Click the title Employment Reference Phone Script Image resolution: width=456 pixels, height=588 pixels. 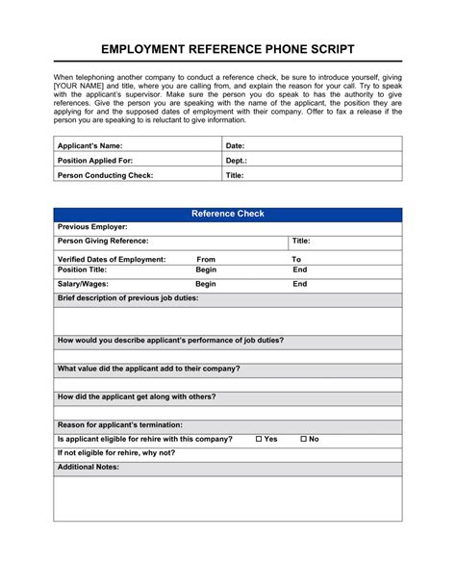pos(227,49)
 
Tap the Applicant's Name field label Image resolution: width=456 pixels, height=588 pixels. pos(90,144)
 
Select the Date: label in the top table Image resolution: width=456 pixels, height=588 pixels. pos(235,144)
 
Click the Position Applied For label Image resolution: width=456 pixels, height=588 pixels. pos(96,160)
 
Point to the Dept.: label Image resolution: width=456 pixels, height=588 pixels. pos(236,160)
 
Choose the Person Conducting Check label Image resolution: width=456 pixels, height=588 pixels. pos(105,175)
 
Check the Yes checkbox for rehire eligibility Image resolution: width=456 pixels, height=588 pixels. pos(260,439)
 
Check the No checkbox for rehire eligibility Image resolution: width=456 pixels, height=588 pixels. pos(304,439)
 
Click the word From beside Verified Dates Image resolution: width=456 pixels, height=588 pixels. pos(205,260)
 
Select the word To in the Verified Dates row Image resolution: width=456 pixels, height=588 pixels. pos(296,260)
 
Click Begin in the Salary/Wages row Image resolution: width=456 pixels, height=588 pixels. pos(205,285)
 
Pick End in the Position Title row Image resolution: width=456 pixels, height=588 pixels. pos(300,271)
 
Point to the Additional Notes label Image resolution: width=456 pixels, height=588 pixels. pos(89,466)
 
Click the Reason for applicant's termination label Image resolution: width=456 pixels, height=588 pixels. pos(119,424)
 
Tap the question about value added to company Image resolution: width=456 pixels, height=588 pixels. pos(148,369)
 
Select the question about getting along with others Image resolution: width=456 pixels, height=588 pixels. pos(137,396)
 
